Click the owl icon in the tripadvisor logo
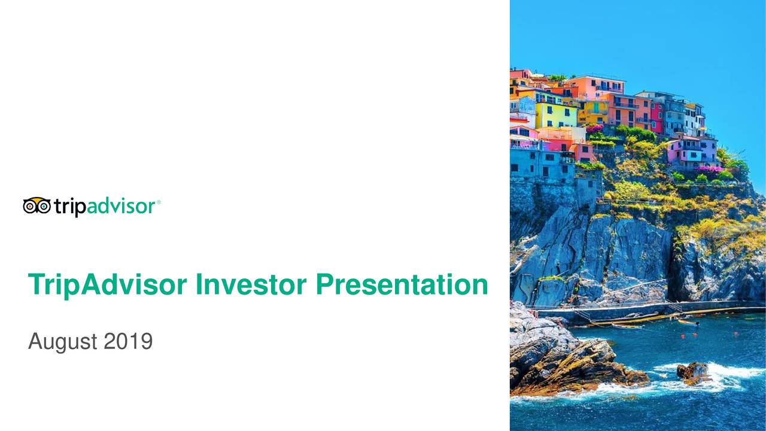(37, 206)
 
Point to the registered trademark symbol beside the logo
(159, 202)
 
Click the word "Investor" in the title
(251, 285)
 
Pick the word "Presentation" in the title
(402, 285)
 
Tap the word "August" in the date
(63, 343)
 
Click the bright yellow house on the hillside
(555, 114)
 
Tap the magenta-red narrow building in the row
(657, 117)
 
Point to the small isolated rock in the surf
(692, 371)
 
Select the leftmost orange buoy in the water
(683, 336)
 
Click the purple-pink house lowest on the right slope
(691, 152)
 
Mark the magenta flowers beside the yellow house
(595, 128)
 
